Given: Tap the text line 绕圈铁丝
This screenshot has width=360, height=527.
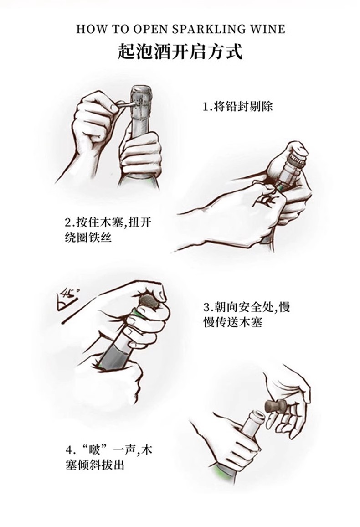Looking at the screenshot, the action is point(88,238).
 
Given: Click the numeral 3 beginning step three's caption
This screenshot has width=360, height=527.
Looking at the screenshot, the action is point(206,307).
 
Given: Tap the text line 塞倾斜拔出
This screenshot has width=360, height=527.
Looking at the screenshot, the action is point(94,465).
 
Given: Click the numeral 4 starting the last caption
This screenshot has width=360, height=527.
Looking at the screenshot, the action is point(69,450).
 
